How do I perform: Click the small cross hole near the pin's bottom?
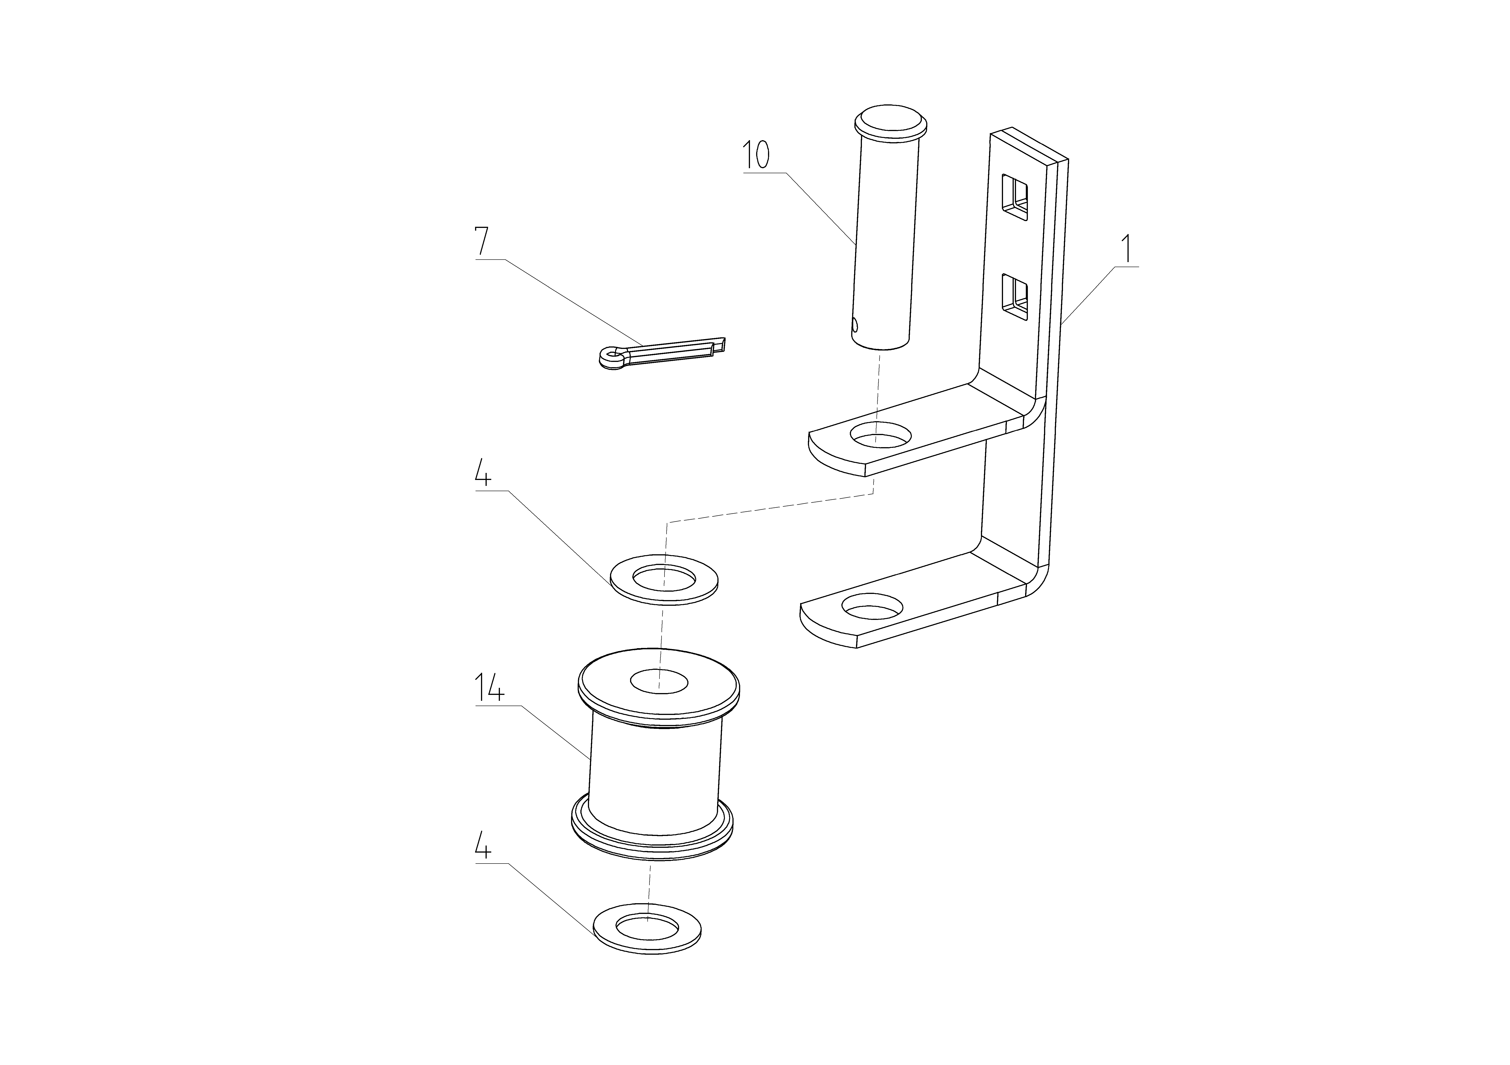click(x=855, y=324)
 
